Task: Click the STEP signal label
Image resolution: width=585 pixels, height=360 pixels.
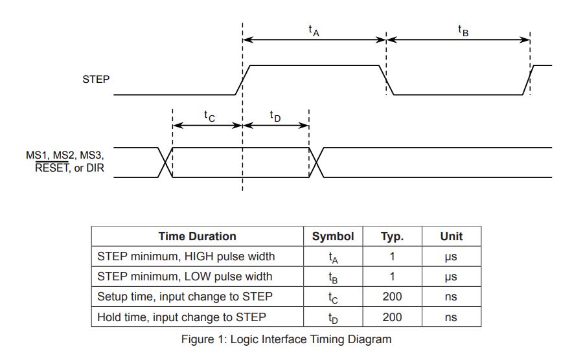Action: [x=96, y=80]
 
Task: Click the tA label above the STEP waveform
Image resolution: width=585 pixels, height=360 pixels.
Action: [x=314, y=30]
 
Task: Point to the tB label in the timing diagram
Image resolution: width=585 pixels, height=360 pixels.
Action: [x=463, y=30]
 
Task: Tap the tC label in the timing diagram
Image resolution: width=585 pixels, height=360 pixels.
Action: [x=209, y=116]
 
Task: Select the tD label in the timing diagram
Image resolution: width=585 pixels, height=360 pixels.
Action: [x=275, y=116]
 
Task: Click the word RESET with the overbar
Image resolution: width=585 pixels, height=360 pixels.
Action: [x=52, y=168]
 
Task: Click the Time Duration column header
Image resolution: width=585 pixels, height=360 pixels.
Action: [x=198, y=236]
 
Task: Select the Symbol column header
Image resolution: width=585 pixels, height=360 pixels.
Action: [x=333, y=236]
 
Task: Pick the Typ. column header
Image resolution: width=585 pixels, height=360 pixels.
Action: [x=392, y=236]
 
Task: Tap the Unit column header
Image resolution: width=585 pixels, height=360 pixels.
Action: [x=452, y=236]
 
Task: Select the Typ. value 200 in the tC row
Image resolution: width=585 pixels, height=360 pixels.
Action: [x=392, y=297]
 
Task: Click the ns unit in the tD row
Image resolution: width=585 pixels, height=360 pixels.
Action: [x=451, y=317]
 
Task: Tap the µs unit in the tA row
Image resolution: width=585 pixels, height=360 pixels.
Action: [x=451, y=257]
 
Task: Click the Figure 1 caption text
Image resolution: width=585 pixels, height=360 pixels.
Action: [x=286, y=339]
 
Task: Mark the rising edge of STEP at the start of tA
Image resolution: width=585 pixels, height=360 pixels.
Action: [x=242, y=80]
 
